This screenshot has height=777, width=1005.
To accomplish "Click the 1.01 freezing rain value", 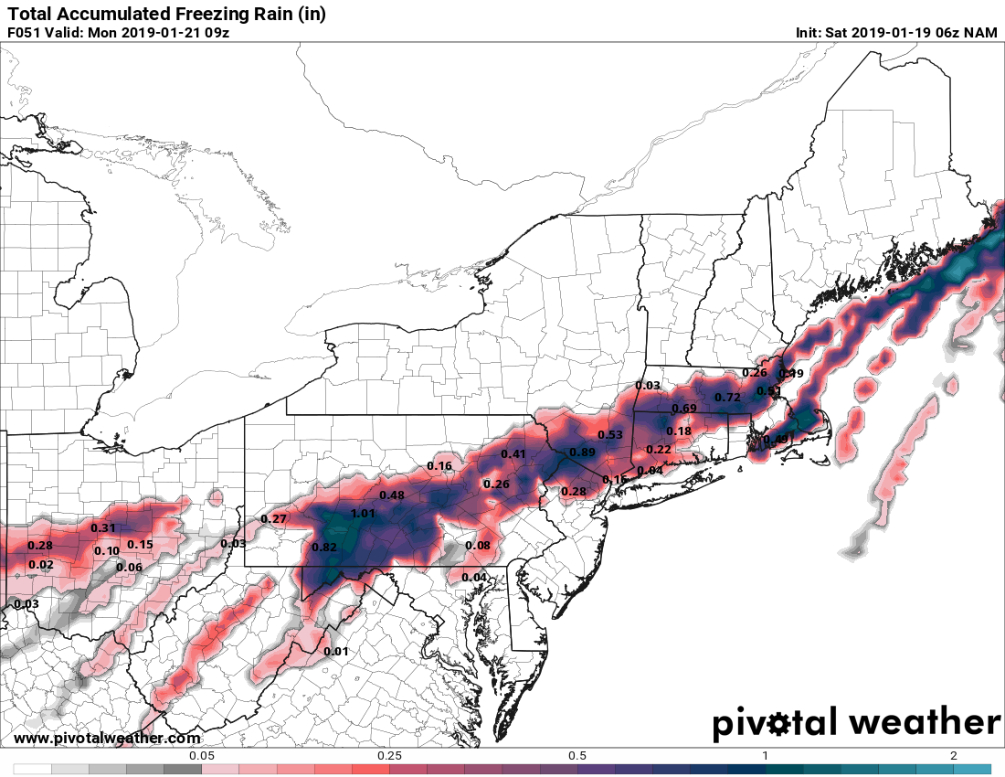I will point(363,514).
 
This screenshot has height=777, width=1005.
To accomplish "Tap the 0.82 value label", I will point(324,548).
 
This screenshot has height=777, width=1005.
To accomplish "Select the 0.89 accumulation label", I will point(582,452).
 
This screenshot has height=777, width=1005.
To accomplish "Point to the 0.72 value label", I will point(727,398).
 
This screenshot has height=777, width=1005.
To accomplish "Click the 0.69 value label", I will point(684,409).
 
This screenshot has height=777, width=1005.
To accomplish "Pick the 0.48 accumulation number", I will point(391,495).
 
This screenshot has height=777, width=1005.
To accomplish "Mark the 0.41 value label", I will point(513,454).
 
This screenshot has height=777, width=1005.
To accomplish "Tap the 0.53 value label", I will point(609,434).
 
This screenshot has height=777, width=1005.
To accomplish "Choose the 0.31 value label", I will point(103,528).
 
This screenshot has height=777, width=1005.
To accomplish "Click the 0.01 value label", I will point(336,652).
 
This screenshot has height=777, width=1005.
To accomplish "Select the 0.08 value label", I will point(478,546).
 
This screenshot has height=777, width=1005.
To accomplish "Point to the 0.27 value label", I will point(274,519).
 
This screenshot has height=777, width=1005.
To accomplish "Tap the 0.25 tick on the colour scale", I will point(389,756).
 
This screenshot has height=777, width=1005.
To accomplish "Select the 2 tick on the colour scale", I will point(953,756).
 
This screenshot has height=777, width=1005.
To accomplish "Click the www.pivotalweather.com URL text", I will point(107,739).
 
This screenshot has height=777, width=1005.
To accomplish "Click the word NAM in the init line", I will point(979,33).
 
